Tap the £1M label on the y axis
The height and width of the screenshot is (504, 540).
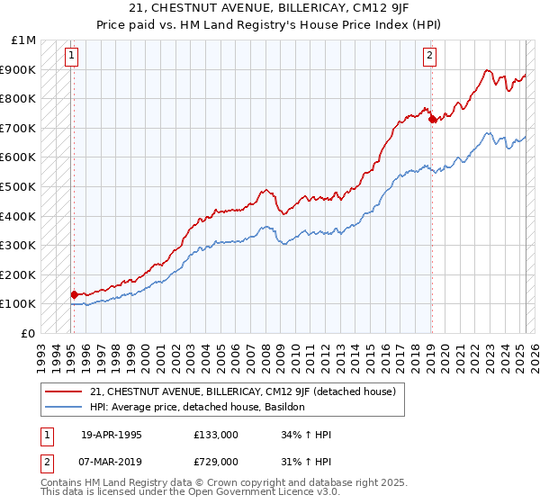point(24,40)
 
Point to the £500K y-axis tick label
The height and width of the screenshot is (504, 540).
point(20,187)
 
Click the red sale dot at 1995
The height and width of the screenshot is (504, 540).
point(74,294)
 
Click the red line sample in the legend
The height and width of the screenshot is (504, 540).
point(63,391)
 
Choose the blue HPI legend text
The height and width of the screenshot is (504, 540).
point(197,407)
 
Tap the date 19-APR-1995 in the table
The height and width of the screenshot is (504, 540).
point(111,434)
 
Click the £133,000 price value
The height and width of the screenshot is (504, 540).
point(215,434)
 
